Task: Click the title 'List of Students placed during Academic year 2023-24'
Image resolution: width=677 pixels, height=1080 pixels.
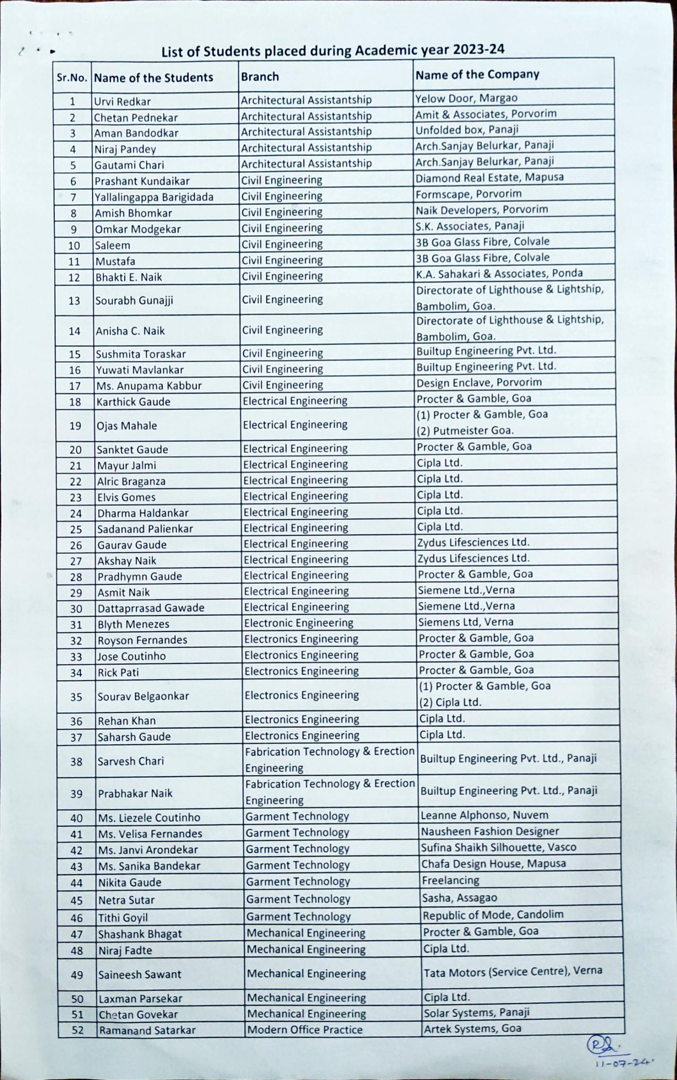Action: point(333,51)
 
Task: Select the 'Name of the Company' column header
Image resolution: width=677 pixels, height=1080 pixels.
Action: point(477,74)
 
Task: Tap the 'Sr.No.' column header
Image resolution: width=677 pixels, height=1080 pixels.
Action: point(72,78)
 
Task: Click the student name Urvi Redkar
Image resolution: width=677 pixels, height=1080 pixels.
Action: point(122,102)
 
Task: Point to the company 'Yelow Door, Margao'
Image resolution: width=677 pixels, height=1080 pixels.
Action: point(466,98)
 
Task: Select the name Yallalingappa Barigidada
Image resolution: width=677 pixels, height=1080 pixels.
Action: point(154,197)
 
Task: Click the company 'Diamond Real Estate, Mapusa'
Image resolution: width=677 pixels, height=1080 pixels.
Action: point(489,178)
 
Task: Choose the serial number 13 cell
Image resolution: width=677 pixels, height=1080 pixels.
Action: point(74,300)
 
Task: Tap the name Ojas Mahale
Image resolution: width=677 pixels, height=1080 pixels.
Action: point(127,425)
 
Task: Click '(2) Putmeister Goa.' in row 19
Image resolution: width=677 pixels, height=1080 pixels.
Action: point(465,431)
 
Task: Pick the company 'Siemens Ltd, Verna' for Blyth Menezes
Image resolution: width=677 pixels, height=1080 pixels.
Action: point(466,621)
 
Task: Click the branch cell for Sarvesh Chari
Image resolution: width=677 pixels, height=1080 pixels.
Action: point(329,759)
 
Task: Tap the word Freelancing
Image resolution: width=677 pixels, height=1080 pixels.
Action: point(450,880)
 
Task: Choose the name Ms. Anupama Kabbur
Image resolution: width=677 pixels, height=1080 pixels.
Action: point(149,386)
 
